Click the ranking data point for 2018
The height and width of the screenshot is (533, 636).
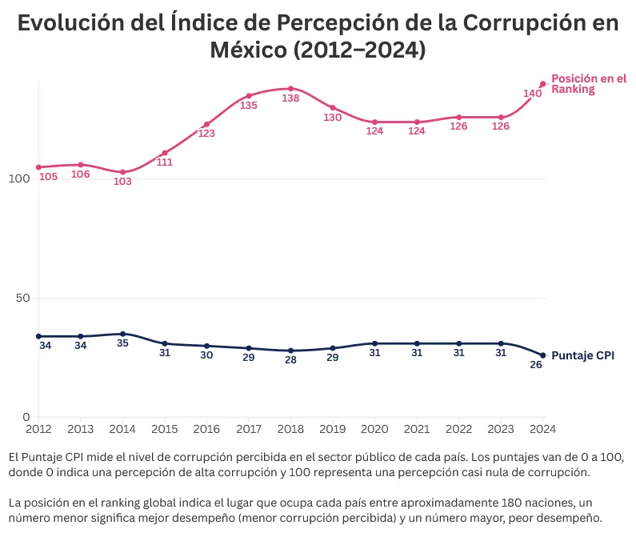point(290,89)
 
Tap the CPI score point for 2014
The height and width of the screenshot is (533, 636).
point(122,334)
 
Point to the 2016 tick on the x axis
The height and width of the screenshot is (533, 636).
point(206,429)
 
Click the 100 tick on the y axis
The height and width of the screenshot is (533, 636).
point(18,178)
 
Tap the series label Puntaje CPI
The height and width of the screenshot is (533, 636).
point(583,355)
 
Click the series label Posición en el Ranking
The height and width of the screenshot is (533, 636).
point(588,84)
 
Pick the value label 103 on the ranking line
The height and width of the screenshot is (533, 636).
point(122,182)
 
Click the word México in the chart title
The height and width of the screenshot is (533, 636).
point(248,50)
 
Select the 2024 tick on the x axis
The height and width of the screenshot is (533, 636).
point(542,429)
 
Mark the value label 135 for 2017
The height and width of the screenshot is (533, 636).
point(249,106)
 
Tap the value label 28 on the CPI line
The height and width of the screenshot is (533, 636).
point(290,360)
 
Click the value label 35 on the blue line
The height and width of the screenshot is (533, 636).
point(122,343)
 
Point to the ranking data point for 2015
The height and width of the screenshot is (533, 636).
point(165,153)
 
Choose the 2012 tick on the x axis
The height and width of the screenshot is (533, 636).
point(38,429)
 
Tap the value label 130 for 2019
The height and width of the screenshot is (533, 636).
point(333,118)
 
